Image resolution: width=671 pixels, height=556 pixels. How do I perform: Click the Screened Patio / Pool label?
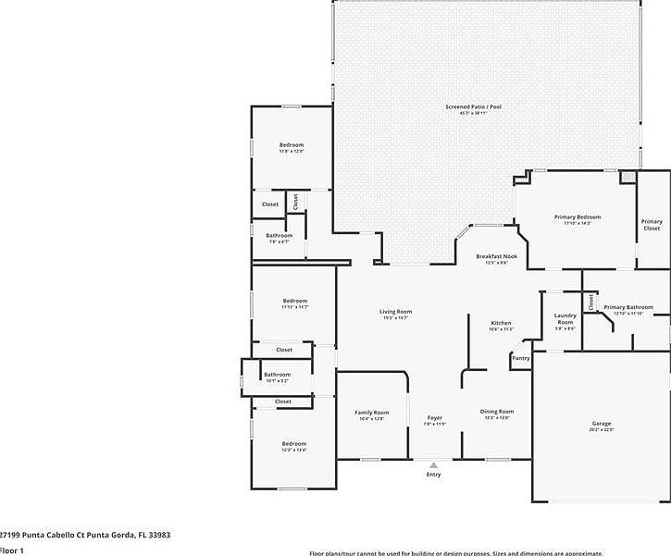point(473,107)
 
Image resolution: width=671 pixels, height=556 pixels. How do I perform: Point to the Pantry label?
point(521,358)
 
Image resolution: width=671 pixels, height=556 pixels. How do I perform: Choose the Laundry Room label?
point(565,319)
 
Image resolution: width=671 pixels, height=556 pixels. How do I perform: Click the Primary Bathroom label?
point(628,307)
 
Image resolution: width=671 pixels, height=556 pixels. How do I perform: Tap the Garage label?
point(602,424)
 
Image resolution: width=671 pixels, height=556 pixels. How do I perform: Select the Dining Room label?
point(496,411)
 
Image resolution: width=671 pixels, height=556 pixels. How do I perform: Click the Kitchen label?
point(501,323)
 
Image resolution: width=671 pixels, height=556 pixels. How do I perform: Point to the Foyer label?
point(434,418)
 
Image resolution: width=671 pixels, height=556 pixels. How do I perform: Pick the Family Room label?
point(372,413)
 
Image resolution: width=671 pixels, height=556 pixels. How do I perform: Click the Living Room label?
point(395,312)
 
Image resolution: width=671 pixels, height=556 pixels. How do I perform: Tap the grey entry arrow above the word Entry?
point(433,465)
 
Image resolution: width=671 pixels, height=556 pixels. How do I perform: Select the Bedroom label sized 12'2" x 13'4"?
point(294,444)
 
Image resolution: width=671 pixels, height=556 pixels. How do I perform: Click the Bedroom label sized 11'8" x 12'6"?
point(292,145)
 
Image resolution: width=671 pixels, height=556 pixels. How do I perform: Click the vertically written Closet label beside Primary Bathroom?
point(590,301)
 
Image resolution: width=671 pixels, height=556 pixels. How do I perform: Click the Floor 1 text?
point(11,550)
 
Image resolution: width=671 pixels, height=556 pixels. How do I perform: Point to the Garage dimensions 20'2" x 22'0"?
point(602,429)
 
